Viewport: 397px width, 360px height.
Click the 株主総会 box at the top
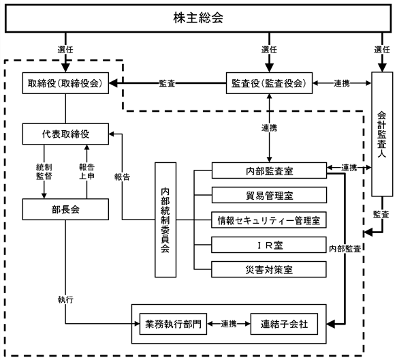point(198,18)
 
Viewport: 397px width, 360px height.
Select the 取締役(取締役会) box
point(65,83)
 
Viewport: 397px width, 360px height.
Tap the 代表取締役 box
point(65,134)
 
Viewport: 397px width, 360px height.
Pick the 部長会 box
point(65,209)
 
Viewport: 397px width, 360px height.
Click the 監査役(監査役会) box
point(269,83)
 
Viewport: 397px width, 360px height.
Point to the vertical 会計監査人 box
point(382,134)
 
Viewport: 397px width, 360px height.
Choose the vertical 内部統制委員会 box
point(165,220)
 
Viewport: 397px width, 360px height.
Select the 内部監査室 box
point(269,170)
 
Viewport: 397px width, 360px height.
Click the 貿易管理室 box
point(269,195)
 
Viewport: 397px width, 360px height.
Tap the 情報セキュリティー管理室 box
point(269,220)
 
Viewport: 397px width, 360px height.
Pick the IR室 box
point(269,245)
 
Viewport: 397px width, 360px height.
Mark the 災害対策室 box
point(269,269)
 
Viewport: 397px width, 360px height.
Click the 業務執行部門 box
point(173,324)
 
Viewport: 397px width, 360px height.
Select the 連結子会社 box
point(284,324)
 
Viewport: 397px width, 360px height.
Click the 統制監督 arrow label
point(44,172)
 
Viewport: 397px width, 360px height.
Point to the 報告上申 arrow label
point(87,172)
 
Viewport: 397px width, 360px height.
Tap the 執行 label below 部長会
point(65,300)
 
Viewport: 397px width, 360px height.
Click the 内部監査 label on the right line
point(345,249)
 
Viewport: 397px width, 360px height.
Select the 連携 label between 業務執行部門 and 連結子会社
point(229,324)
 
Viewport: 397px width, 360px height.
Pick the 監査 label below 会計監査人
point(381,214)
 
